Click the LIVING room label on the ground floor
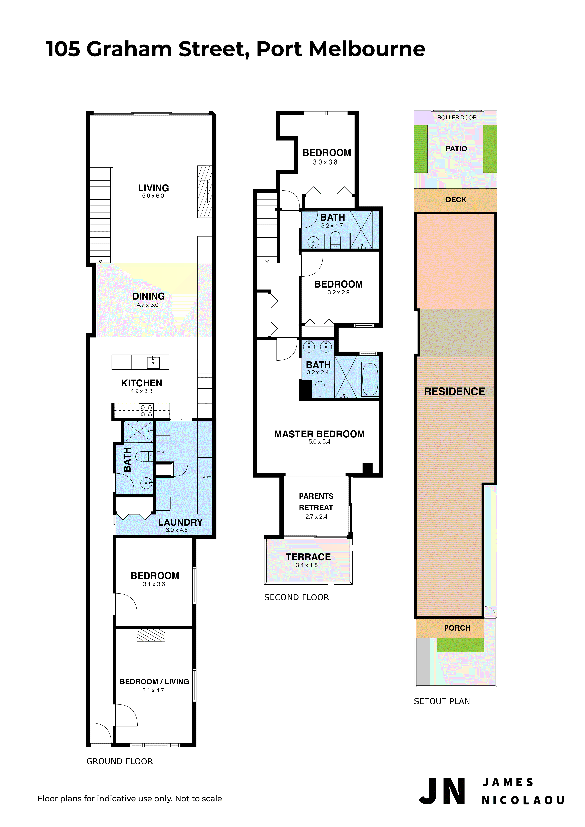tap(153, 188)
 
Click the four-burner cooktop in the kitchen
tap(146, 411)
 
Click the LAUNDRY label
tap(180, 522)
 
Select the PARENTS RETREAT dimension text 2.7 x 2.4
tap(316, 516)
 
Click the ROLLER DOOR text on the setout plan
tap(457, 117)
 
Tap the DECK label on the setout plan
tap(456, 200)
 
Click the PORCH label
tap(457, 628)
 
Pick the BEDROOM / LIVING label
tap(154, 681)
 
